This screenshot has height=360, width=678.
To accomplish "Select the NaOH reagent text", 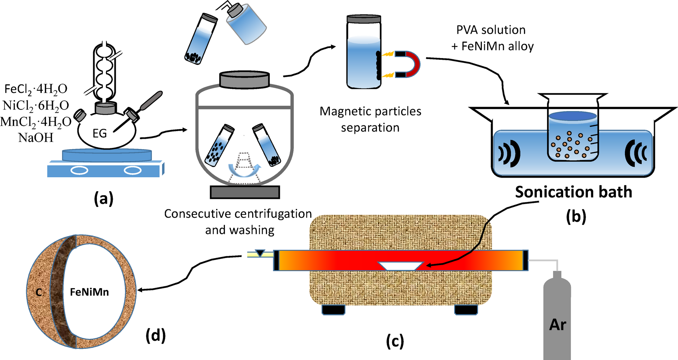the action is (36, 138).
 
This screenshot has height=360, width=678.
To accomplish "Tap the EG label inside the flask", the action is (100, 133).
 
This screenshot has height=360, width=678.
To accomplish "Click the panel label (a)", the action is (104, 198).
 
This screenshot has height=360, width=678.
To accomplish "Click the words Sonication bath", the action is (573, 192).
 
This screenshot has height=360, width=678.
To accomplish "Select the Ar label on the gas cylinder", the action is (557, 325).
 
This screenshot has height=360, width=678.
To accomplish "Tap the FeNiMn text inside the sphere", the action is (89, 292).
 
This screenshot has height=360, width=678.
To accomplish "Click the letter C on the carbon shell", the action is (39, 292).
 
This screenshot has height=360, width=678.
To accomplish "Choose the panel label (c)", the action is (395, 341).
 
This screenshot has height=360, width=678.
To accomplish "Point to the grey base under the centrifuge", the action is (245, 192).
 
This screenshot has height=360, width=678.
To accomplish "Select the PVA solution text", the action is (491, 30).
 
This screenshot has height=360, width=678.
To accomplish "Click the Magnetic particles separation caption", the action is (370, 119).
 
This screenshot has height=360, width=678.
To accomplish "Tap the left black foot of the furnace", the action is (333, 310).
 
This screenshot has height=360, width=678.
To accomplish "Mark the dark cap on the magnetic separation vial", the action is (364, 19).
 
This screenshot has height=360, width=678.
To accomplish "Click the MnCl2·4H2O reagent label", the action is (36, 122).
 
